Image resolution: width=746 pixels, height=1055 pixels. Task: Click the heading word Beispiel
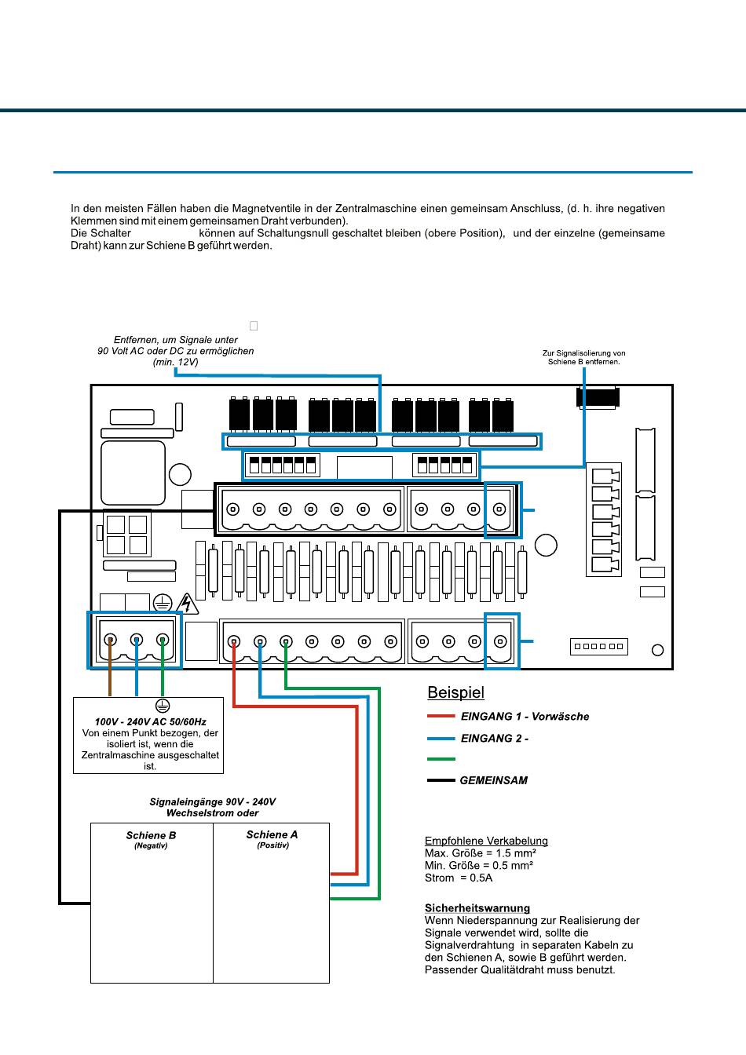click(x=455, y=693)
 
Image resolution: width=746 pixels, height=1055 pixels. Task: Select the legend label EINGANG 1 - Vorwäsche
click(x=525, y=717)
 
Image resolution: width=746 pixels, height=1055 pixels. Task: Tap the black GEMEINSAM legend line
click(x=441, y=780)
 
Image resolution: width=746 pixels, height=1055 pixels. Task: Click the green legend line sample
click(x=441, y=759)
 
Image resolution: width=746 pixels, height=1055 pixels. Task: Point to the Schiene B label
click(x=151, y=835)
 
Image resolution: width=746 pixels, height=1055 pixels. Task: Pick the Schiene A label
click(x=272, y=834)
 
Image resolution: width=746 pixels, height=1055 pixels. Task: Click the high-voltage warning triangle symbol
click(x=188, y=604)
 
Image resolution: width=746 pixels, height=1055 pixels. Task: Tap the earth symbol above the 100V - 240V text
click(x=162, y=706)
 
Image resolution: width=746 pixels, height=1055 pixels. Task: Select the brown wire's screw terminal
click(x=110, y=640)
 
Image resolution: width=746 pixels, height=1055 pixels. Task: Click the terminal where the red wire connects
click(x=234, y=641)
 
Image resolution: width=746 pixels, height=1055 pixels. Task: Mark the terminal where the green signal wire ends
click(x=286, y=641)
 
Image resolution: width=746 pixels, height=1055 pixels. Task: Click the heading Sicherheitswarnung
click(x=477, y=908)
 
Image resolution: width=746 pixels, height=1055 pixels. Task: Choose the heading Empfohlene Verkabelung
click(x=486, y=841)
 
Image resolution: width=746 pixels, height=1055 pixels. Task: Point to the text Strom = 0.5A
click(x=459, y=878)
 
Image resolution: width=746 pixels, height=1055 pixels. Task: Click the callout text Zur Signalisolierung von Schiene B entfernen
click(x=584, y=357)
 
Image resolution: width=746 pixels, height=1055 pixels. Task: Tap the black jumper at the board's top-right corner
click(x=598, y=397)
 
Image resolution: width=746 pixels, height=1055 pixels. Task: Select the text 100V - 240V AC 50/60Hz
click(x=150, y=721)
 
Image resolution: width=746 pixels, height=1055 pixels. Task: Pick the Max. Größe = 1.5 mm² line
click(x=481, y=853)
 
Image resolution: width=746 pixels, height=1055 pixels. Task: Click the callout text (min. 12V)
click(x=175, y=362)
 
